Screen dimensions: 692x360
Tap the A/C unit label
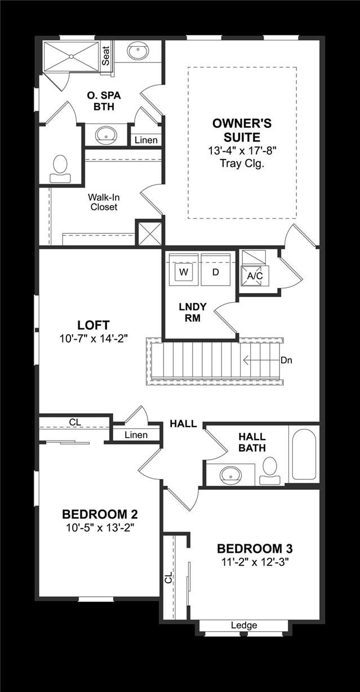pos(255,276)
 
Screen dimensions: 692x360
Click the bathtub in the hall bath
pos(304,454)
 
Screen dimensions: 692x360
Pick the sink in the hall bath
pos(231,475)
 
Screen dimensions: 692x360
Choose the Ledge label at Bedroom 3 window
pos(244,625)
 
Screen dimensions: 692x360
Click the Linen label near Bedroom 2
pos(136,434)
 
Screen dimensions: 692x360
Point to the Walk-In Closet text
pos(103,202)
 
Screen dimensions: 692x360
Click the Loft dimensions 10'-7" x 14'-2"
pos(94,339)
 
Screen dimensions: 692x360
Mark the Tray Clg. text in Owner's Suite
pos(242,164)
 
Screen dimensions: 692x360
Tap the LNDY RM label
pos(193,312)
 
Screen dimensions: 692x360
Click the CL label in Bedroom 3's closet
pos(168,578)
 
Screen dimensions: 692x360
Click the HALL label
pos(184,424)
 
